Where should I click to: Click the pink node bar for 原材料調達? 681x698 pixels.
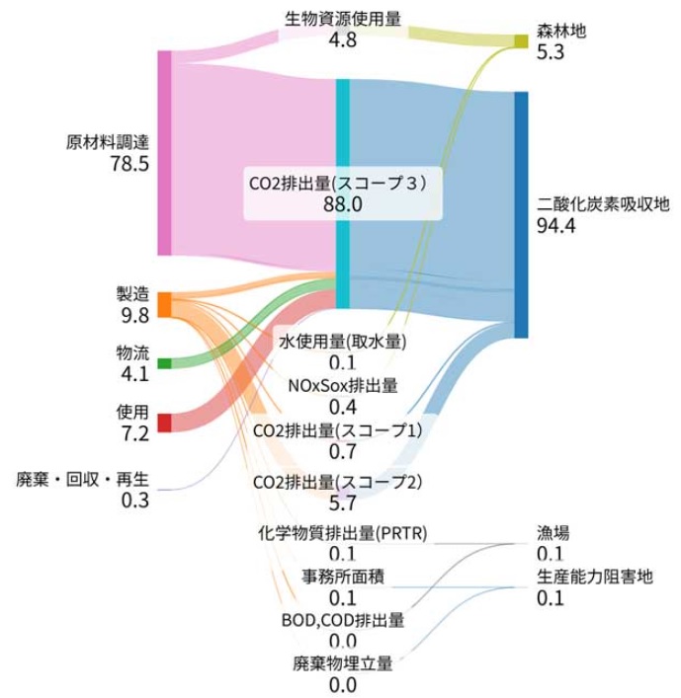164,152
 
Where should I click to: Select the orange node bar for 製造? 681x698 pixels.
164,304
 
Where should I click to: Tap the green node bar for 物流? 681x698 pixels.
164,363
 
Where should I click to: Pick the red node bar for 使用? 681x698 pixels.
164,422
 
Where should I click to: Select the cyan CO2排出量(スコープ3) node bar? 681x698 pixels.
342,194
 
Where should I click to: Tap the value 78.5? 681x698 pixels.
129,163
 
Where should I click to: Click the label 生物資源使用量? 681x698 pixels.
342,19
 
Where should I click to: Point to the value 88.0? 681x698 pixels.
342,203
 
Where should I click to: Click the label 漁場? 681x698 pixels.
553,533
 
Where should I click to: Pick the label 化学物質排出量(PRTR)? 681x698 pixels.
342,534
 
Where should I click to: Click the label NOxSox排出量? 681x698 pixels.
342,385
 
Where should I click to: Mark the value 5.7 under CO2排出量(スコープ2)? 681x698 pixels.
342,504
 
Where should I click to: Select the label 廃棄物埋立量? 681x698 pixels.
342,662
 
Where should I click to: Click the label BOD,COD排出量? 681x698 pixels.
342,620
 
